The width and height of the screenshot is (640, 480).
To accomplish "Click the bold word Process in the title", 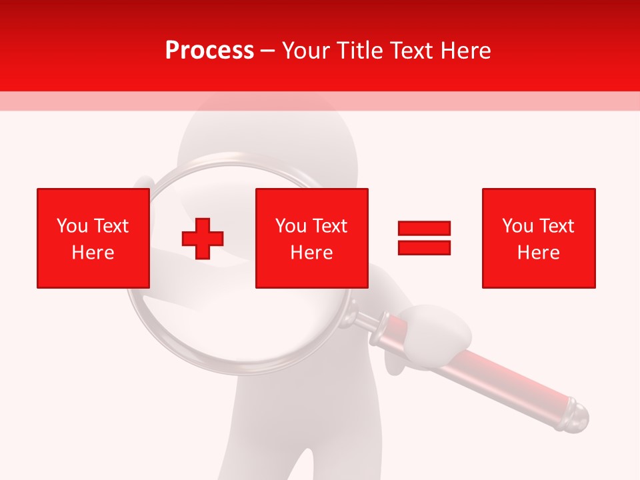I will [x=209, y=51].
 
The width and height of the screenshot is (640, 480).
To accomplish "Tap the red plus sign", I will [x=203, y=238].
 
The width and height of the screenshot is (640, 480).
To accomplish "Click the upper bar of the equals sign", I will [x=425, y=229].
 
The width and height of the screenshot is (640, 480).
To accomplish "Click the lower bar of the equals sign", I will [x=425, y=247].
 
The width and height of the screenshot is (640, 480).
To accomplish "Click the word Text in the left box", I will [x=111, y=226].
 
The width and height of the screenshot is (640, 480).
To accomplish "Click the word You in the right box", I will [x=517, y=226].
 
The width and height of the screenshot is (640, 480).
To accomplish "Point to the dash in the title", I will [x=268, y=51].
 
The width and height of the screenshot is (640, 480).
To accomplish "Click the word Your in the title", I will [x=307, y=51].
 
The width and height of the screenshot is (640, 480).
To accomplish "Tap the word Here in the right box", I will [x=538, y=253].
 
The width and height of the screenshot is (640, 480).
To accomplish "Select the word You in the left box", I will [x=72, y=226].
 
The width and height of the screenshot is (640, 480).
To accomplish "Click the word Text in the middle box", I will [x=330, y=226].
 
